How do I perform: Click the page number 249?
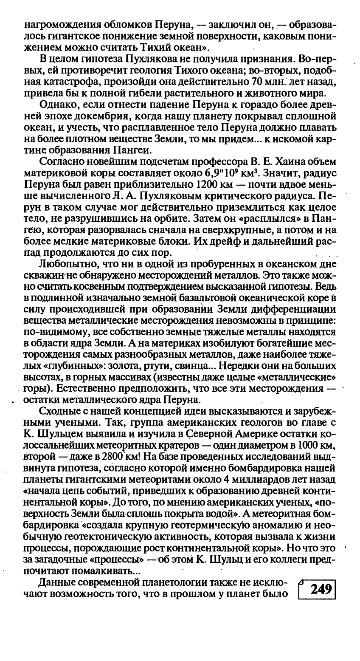click(x=321, y=590)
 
